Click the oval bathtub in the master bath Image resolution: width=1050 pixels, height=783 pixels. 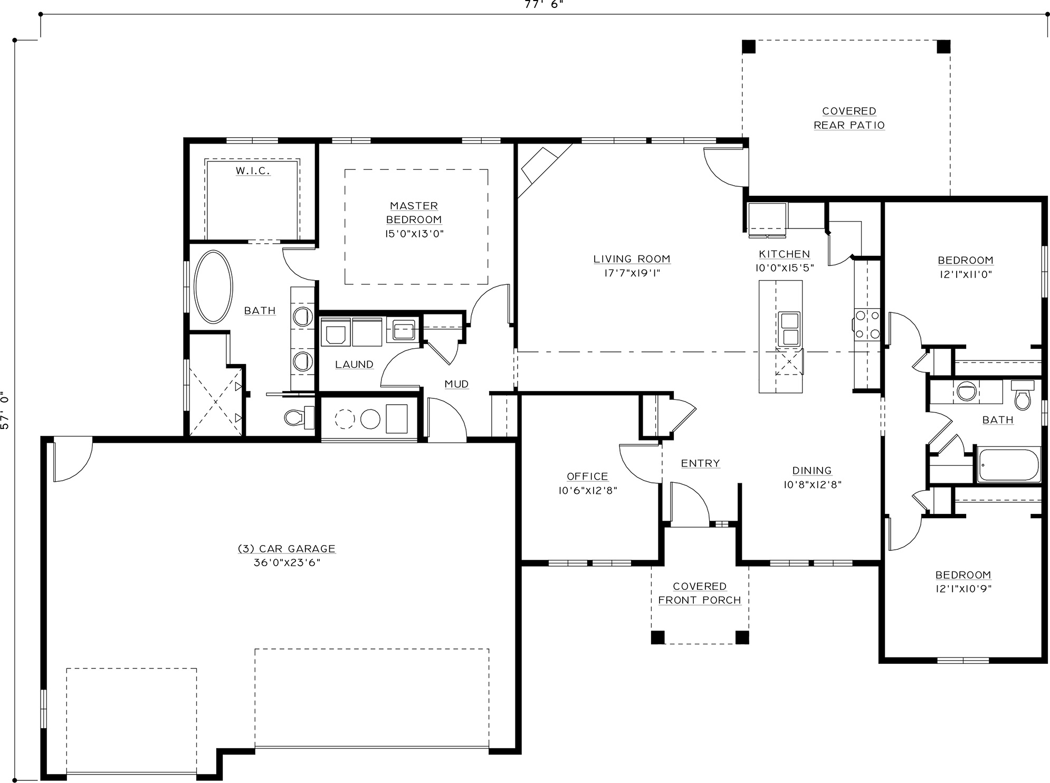pyautogui.click(x=213, y=287)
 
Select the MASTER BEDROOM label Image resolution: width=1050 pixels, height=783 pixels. pyautogui.click(x=414, y=213)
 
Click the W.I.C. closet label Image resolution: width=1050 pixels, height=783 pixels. pyautogui.click(x=253, y=171)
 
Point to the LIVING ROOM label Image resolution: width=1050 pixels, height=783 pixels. pyautogui.click(x=632, y=259)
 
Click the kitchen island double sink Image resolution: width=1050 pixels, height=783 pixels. pyautogui.click(x=789, y=329)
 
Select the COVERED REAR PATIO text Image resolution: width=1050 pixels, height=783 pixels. pyautogui.click(x=849, y=118)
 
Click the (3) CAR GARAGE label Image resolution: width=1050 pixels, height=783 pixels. pyautogui.click(x=287, y=549)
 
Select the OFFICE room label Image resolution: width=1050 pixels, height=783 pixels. pyautogui.click(x=587, y=476)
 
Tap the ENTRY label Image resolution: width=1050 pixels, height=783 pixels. pyautogui.click(x=700, y=463)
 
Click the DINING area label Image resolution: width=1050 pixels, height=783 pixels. pyautogui.click(x=812, y=471)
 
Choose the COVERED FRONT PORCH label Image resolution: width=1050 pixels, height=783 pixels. pyautogui.click(x=700, y=594)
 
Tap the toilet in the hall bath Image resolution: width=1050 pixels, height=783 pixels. pyautogui.click(x=1023, y=394)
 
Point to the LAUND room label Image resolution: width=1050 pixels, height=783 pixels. pyautogui.click(x=354, y=365)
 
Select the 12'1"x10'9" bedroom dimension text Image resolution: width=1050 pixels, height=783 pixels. pyautogui.click(x=963, y=589)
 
